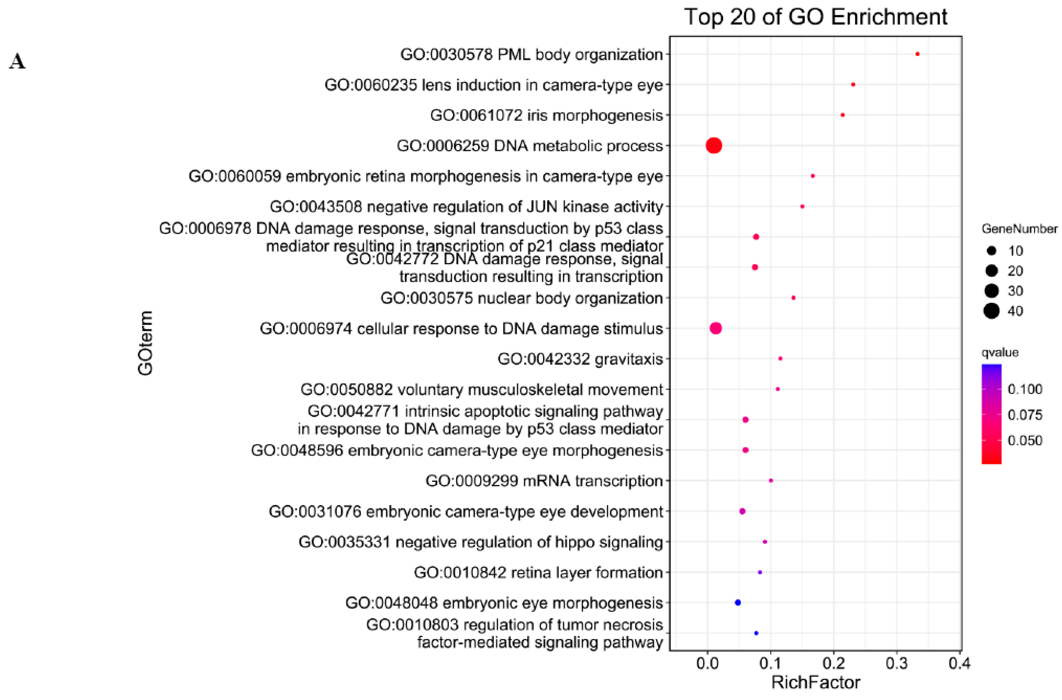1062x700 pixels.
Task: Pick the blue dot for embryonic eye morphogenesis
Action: click(x=738, y=603)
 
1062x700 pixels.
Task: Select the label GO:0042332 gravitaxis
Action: click(x=580, y=359)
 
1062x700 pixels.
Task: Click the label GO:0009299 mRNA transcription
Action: click(x=544, y=481)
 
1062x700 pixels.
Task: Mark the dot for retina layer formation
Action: click(x=760, y=572)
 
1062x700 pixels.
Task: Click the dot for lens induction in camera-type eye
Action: click(x=853, y=84)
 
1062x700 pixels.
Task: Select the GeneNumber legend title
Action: click(x=1019, y=229)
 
